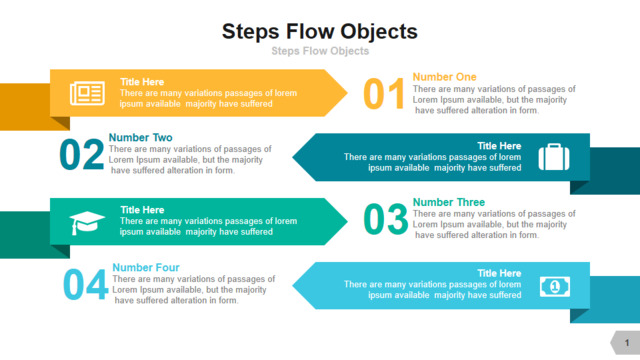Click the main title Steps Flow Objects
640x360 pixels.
(320, 32)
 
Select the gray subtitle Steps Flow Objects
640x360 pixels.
(320, 51)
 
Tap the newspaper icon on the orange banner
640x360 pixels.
(87, 93)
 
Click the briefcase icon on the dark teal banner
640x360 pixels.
(554, 157)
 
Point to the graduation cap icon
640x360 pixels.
(87, 222)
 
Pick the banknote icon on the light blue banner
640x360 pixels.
(555, 287)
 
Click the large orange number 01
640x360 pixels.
(384, 94)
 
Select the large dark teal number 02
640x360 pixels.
(81, 154)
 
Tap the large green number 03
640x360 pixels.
(385, 220)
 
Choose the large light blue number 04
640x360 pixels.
(86, 284)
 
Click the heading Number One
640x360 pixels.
(444, 77)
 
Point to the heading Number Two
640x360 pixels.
(140, 137)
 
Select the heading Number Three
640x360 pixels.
(449, 202)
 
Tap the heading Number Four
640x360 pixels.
(146, 267)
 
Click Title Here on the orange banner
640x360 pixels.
(142, 82)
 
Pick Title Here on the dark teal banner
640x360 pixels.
(499, 146)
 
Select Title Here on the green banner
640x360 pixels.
(142, 210)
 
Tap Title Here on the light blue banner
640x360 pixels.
(499, 273)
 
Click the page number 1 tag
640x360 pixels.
(626, 342)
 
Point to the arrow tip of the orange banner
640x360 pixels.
(347, 93)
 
